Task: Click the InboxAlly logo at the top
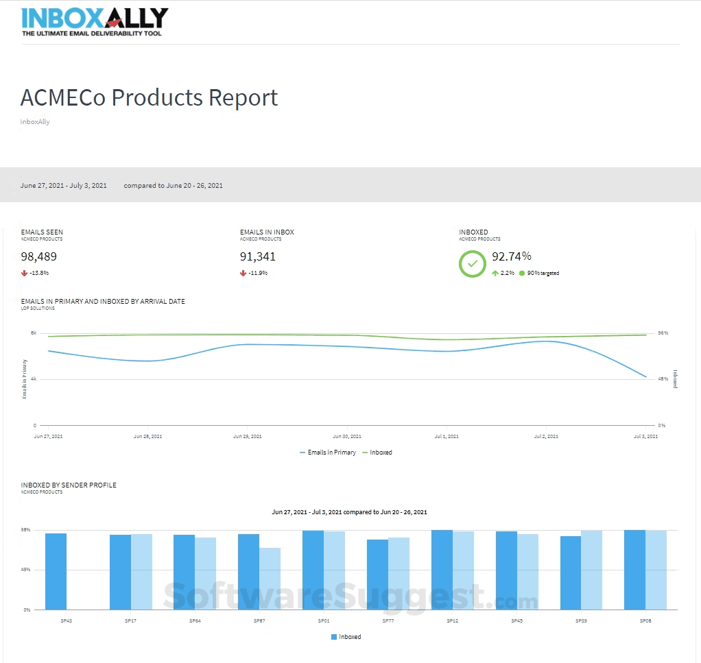coord(95,21)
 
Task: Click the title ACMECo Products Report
coord(149,97)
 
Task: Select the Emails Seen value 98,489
coord(39,257)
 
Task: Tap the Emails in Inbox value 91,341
coord(258,257)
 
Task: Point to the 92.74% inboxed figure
coord(512,256)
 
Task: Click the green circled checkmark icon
coord(472,264)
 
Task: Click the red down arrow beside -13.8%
coord(24,273)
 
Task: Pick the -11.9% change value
coord(258,273)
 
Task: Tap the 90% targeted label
coord(543,273)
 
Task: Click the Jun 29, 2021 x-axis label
coord(247,436)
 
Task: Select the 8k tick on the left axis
coord(34,333)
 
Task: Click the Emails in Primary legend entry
coord(328,453)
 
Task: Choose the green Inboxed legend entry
coord(377,453)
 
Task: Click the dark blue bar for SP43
coord(56,571)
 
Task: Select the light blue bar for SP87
coord(270,579)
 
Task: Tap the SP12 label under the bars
coord(452,620)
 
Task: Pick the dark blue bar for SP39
coord(571,572)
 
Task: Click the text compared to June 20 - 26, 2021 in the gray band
coord(173,185)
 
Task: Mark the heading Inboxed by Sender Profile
coord(69,485)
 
